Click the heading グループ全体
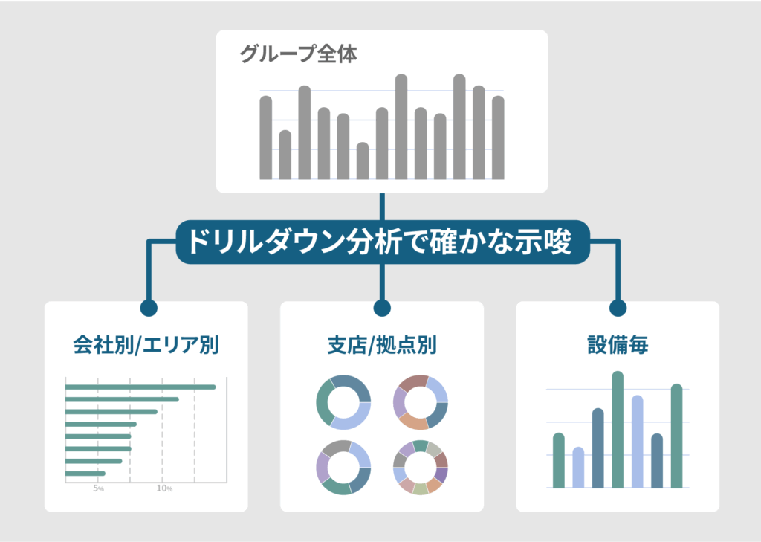[299, 54]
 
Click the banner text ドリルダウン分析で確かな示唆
[380, 242]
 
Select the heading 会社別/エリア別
[146, 345]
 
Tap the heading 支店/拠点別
[382, 345]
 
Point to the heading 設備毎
[618, 345]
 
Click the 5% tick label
[99, 488]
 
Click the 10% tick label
[164, 488]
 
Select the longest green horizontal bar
[140, 387]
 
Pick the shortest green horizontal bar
[85, 474]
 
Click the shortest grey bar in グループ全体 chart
[363, 161]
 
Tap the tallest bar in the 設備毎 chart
[618, 430]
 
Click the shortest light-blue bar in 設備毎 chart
[578, 468]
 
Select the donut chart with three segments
[343, 403]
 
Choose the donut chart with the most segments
[421, 468]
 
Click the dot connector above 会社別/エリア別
[149, 308]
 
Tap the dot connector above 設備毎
[618, 308]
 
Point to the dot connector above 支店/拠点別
[382, 308]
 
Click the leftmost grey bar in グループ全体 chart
[266, 138]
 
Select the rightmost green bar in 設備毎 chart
[676, 436]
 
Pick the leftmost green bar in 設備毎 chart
[559, 460]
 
